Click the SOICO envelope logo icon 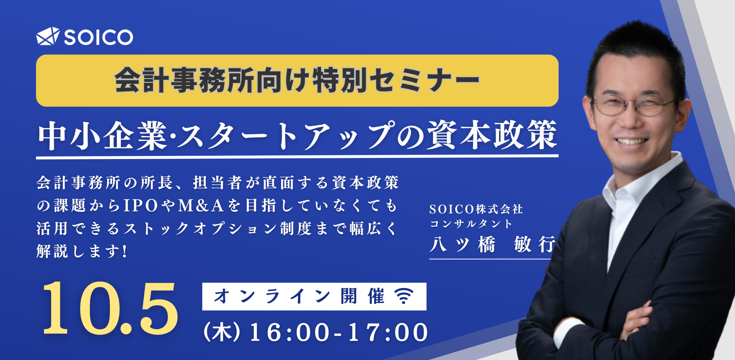[x=48, y=36]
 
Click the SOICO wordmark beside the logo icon [x=98, y=37]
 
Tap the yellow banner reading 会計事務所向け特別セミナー [x=297, y=80]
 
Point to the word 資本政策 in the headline [x=491, y=135]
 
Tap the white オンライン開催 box [x=314, y=296]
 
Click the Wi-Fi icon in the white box [x=404, y=296]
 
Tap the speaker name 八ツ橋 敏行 [x=492, y=244]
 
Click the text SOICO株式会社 [x=476, y=209]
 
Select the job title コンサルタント [x=471, y=224]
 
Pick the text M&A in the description [x=201, y=206]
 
